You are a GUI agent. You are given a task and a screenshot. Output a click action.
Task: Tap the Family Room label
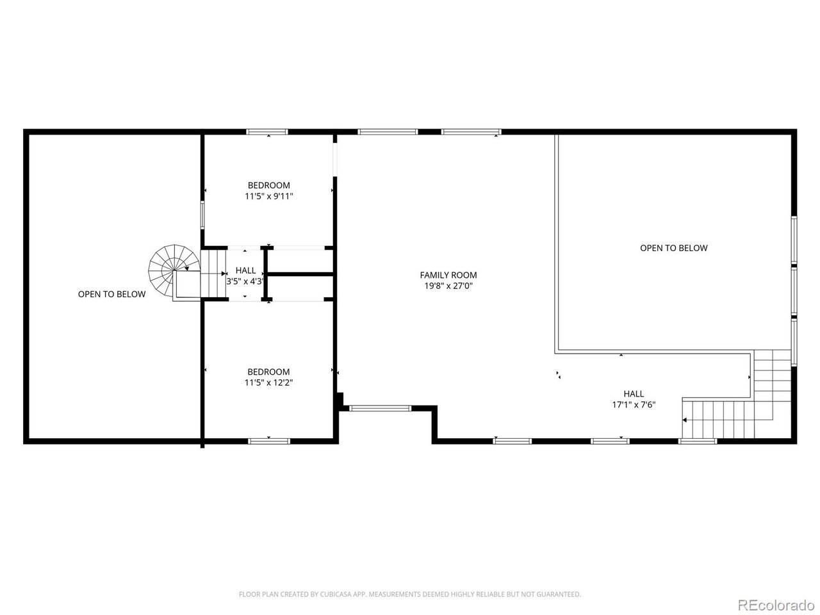(448, 275)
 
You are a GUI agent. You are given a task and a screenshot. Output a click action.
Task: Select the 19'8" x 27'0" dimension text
(448, 286)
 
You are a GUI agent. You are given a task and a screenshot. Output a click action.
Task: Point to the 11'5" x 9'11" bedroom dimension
(268, 197)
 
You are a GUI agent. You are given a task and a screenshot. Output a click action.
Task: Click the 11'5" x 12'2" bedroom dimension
(268, 382)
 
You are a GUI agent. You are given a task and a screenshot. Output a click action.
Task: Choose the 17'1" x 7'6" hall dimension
(634, 404)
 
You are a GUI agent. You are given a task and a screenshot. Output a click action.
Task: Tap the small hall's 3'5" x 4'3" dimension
(245, 281)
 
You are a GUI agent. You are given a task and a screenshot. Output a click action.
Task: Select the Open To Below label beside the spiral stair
(111, 294)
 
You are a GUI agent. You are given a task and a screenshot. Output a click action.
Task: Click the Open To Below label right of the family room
(673, 248)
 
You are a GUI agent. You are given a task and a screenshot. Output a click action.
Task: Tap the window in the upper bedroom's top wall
(266, 132)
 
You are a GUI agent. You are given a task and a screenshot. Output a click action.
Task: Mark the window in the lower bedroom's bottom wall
(269, 441)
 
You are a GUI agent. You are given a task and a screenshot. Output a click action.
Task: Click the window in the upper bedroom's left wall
(202, 215)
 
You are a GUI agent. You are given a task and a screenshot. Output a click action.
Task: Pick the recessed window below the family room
(380, 408)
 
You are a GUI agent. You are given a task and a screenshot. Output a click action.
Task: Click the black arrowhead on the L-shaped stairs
(684, 420)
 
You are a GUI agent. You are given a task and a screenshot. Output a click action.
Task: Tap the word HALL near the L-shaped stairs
(634, 393)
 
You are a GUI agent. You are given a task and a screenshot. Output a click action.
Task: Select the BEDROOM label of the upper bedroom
(268, 185)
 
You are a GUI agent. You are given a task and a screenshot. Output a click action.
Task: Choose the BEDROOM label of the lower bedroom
(268, 372)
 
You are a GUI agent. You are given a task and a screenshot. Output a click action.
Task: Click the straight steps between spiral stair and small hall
(214, 274)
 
